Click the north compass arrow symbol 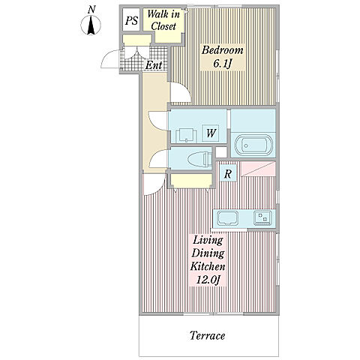(x=91, y=25)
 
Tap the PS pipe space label (x=131, y=20)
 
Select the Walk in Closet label (x=163, y=20)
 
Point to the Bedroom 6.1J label (x=222, y=57)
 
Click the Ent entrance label (x=154, y=65)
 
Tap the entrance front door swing (x=111, y=59)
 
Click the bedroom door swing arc (x=181, y=92)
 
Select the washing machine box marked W (x=211, y=133)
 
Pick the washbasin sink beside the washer (x=186, y=135)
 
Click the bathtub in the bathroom (x=253, y=145)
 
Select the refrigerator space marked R (x=227, y=173)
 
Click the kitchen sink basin (x=227, y=218)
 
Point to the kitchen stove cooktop (x=262, y=217)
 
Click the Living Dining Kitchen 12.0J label (x=208, y=260)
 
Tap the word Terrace (x=207, y=335)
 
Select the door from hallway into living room (x=154, y=184)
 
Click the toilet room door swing (x=159, y=159)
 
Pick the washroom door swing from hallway (x=158, y=121)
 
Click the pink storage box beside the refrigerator (x=258, y=169)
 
